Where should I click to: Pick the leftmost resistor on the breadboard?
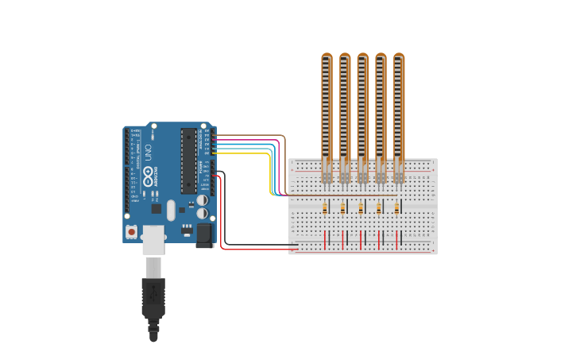point(325,208)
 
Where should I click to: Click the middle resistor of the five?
point(361,208)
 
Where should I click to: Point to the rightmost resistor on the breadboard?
point(397,208)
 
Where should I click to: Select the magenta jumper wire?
point(254,140)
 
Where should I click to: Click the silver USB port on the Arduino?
point(153,238)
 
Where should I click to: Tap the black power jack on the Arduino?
point(204,235)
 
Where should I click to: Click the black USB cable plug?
point(153,298)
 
